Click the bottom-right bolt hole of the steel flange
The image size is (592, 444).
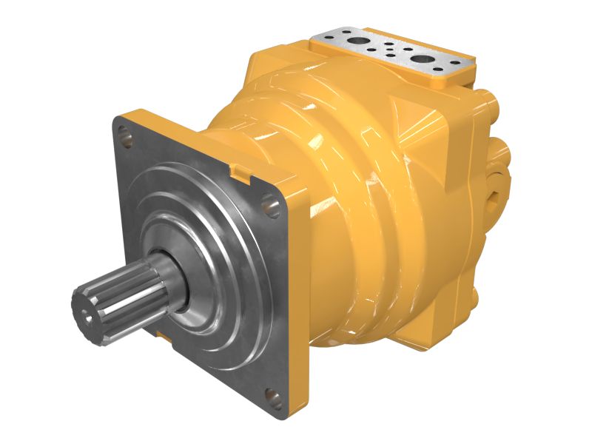(273, 400)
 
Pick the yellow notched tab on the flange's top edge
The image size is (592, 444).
(239, 172)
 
